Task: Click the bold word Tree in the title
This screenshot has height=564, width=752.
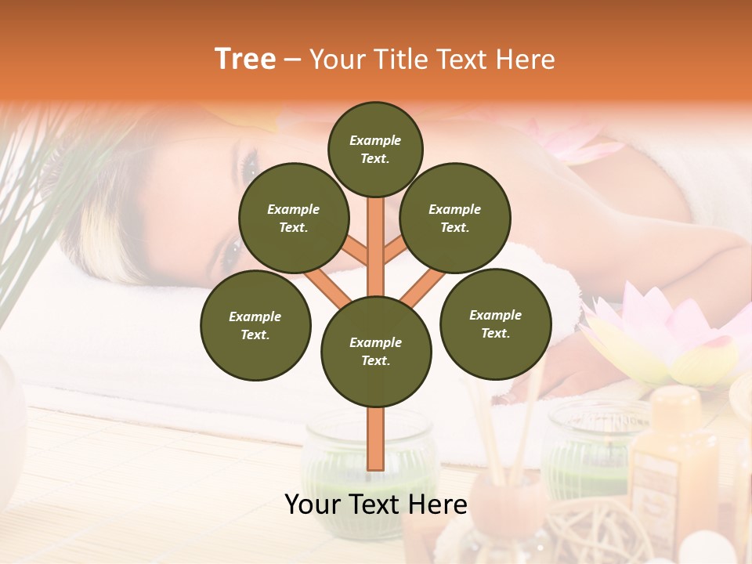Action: click(245, 59)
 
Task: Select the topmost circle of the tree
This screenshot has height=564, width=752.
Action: click(375, 149)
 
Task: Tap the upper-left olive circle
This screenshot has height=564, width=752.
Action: click(293, 218)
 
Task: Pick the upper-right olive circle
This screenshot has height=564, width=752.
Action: click(454, 218)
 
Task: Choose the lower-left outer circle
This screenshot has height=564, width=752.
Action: click(255, 325)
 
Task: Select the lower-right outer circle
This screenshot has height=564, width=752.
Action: click(495, 324)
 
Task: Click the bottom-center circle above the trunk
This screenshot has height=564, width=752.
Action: click(376, 351)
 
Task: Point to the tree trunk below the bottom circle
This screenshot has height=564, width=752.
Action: click(376, 439)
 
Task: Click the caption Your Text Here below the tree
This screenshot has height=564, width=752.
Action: click(376, 505)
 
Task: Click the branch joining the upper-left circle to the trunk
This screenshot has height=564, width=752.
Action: click(356, 252)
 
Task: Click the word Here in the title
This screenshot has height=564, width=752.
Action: click(526, 60)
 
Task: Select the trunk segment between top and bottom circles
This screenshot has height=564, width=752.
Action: click(376, 243)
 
